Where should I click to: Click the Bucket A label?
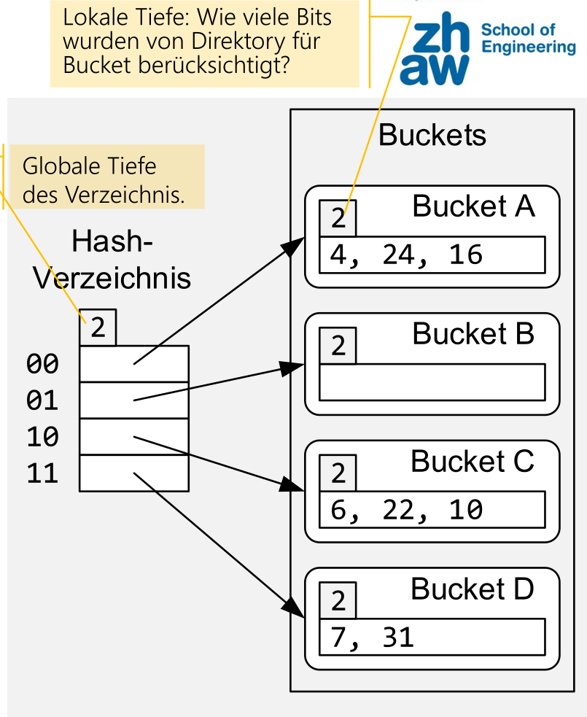[473, 207]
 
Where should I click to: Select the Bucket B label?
[473, 334]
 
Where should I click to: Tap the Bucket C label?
[473, 462]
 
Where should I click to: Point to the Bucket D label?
[473, 589]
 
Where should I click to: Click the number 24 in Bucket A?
[394, 255]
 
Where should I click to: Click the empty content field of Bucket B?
[432, 382]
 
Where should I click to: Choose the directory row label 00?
[42, 363]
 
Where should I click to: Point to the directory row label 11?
[42, 474]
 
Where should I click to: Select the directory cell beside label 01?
[133, 400]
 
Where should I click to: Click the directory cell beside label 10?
[133, 436]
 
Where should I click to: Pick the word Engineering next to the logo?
[529, 47]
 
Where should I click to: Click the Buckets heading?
[432, 135]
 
